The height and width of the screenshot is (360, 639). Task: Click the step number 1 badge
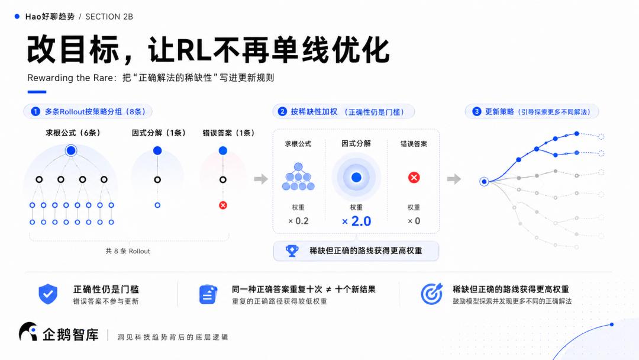click(x=35, y=111)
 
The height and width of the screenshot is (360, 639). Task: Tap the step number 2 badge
click(x=282, y=111)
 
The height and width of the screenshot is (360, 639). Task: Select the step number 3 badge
click(x=476, y=111)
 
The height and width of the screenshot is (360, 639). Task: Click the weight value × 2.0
click(x=357, y=221)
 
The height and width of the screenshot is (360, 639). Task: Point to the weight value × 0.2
click(x=298, y=221)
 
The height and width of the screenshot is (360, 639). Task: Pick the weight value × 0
click(x=414, y=221)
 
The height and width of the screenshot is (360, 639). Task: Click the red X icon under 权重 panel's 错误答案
click(x=414, y=178)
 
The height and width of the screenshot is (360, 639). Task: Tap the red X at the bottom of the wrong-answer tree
click(x=223, y=205)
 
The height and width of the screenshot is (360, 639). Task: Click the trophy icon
click(x=292, y=250)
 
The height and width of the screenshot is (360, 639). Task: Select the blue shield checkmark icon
click(x=48, y=294)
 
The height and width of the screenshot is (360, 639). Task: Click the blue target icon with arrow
click(x=431, y=294)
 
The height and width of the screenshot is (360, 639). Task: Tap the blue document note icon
click(x=208, y=294)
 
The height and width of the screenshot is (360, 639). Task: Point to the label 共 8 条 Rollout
click(x=128, y=251)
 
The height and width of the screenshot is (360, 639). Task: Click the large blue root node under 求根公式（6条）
click(x=71, y=150)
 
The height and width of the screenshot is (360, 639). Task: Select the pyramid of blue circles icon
click(x=298, y=176)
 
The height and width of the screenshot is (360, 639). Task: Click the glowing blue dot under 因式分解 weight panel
click(x=356, y=178)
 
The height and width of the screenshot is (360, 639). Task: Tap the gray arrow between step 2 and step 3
click(x=454, y=179)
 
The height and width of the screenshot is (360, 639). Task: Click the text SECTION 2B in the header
click(x=109, y=17)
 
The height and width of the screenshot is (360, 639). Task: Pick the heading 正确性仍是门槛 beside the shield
click(x=106, y=290)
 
